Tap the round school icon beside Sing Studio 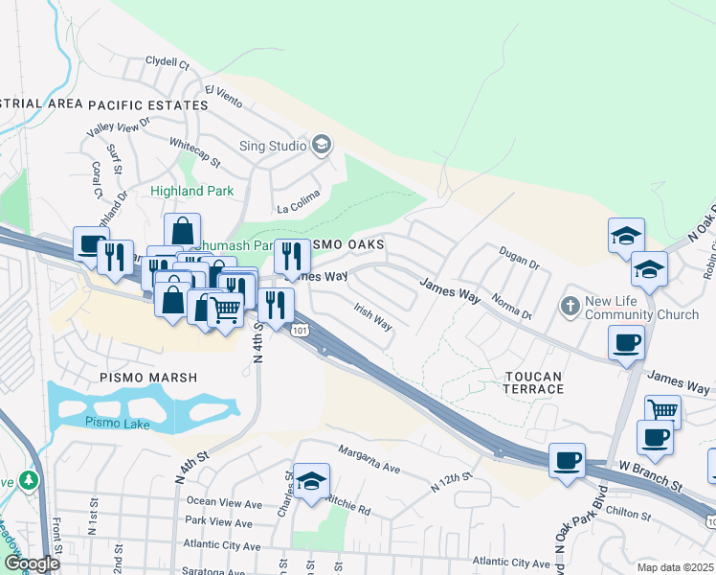tap(322, 146)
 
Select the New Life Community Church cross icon tap(570, 306)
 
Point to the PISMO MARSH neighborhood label tap(148, 378)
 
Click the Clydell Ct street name tap(168, 62)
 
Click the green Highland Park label tap(191, 192)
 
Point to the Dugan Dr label tap(519, 255)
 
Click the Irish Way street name tap(372, 317)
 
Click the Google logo tap(31, 563)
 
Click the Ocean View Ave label tap(223, 503)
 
